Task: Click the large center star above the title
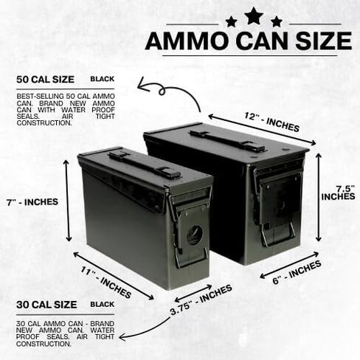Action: pos(253,16)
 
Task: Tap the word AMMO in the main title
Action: pos(187,41)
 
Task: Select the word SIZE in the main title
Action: pos(324,41)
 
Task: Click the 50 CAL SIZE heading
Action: pos(45,80)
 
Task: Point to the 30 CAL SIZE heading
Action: pos(46,305)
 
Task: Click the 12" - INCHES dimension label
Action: pos(271,122)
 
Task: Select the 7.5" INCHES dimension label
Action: pos(339,193)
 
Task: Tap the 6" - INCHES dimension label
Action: pos(297,272)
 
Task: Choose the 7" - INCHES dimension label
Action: pos(32,202)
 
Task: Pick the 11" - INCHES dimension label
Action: pos(106,283)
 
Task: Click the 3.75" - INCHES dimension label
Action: pos(201,300)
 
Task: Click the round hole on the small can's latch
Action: pos(195,235)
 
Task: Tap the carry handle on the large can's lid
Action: pos(227,141)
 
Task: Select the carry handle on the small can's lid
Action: pos(145,165)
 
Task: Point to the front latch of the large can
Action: pos(278,204)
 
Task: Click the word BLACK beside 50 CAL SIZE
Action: pos(103,79)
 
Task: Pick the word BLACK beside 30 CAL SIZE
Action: pos(103,304)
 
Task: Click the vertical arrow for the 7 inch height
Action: pos(68,201)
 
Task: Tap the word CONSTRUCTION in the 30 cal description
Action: pos(44,344)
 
